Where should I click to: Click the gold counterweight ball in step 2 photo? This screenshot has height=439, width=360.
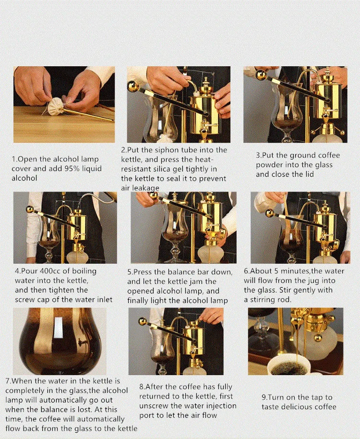coord(132,85)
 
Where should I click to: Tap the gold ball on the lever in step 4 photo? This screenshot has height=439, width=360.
coord(30,209)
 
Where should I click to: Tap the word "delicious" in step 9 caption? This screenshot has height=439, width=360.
coord(294,406)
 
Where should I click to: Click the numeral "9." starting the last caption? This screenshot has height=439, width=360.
coord(265,397)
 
